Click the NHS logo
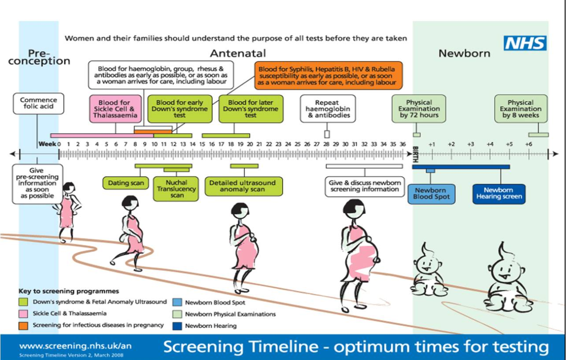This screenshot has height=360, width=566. click(x=525, y=43)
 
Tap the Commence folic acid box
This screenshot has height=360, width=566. click(x=38, y=103)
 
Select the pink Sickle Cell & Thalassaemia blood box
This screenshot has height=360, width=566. click(x=116, y=109)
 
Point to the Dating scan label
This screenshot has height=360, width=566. click(x=125, y=183)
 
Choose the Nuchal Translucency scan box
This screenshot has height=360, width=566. click(x=177, y=189)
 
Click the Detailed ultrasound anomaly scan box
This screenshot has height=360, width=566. click(x=243, y=186)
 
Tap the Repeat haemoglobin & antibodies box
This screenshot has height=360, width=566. click(x=327, y=109)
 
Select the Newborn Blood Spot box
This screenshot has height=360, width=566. click(x=431, y=194)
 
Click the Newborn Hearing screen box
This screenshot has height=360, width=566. click(x=498, y=194)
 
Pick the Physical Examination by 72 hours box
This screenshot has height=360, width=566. click(x=419, y=109)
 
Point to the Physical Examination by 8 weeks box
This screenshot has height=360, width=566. click(x=520, y=109)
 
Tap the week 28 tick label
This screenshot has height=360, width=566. click(x=326, y=144)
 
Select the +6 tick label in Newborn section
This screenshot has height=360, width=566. click(x=529, y=144)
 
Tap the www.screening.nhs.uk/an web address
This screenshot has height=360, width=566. click(x=75, y=346)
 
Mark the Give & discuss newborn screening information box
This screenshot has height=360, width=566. click(x=364, y=186)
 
